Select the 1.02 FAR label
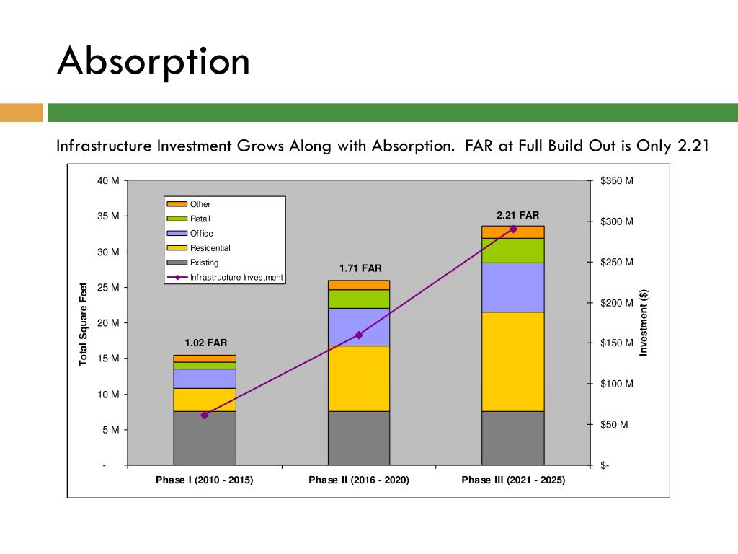[205, 343]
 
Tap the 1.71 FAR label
[360, 268]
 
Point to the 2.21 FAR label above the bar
[517, 215]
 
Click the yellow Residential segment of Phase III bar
[512, 361]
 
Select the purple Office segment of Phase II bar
[358, 327]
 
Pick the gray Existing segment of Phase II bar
[358, 438]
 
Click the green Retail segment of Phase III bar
[512, 250]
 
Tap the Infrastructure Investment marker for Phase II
[359, 335]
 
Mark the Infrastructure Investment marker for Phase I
[205, 415]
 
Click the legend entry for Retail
[200, 219]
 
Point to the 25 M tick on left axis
[109, 287]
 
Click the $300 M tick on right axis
[616, 221]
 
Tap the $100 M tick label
[616, 384]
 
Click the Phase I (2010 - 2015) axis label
[204, 480]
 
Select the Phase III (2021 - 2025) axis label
[513, 480]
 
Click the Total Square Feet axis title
[83, 323]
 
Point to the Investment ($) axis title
[644, 322]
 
